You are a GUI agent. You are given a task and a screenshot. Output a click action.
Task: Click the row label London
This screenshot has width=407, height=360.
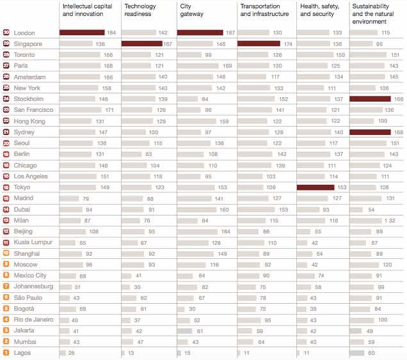click(x=24, y=33)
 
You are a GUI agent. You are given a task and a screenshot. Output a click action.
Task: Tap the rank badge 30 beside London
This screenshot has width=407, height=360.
click(x=6, y=33)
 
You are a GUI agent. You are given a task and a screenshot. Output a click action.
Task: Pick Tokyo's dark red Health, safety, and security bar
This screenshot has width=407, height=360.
click(x=315, y=187)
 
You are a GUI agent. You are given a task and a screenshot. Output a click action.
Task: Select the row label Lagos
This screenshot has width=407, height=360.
click(x=23, y=352)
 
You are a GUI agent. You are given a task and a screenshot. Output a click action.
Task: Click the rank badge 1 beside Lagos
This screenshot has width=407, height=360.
click(x=6, y=352)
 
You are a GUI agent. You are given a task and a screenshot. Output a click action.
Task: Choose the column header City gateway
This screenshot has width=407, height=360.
click(x=189, y=10)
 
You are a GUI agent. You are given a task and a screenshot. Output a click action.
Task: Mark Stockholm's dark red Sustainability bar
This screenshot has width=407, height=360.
click(x=370, y=99)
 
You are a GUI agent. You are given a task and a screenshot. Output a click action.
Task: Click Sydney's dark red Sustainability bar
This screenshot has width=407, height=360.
click(x=370, y=132)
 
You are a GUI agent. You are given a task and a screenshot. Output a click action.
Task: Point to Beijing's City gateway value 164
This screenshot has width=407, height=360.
click(x=225, y=231)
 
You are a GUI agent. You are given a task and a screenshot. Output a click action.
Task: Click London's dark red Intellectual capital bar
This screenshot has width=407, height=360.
click(x=82, y=33)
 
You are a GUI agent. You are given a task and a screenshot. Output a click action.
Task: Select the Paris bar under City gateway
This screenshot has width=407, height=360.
click(x=198, y=66)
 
